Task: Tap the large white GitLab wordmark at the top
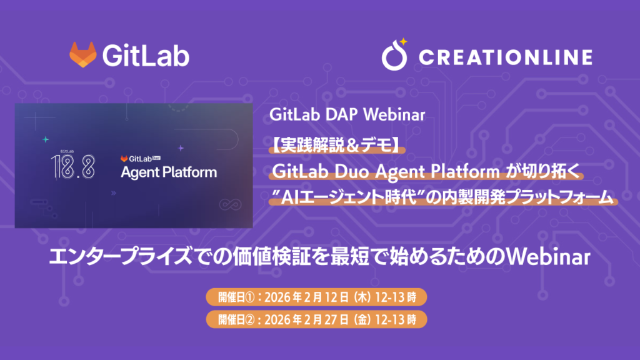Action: click(x=146, y=56)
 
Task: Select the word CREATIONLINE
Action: click(x=505, y=57)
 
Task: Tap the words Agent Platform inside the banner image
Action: click(x=169, y=172)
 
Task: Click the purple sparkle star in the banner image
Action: click(x=181, y=148)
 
